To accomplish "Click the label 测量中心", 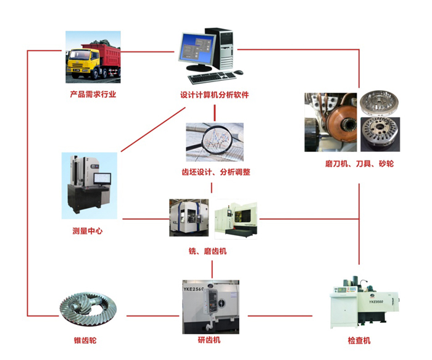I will tap(86, 231).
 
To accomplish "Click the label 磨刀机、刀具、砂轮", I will tap(359, 164).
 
